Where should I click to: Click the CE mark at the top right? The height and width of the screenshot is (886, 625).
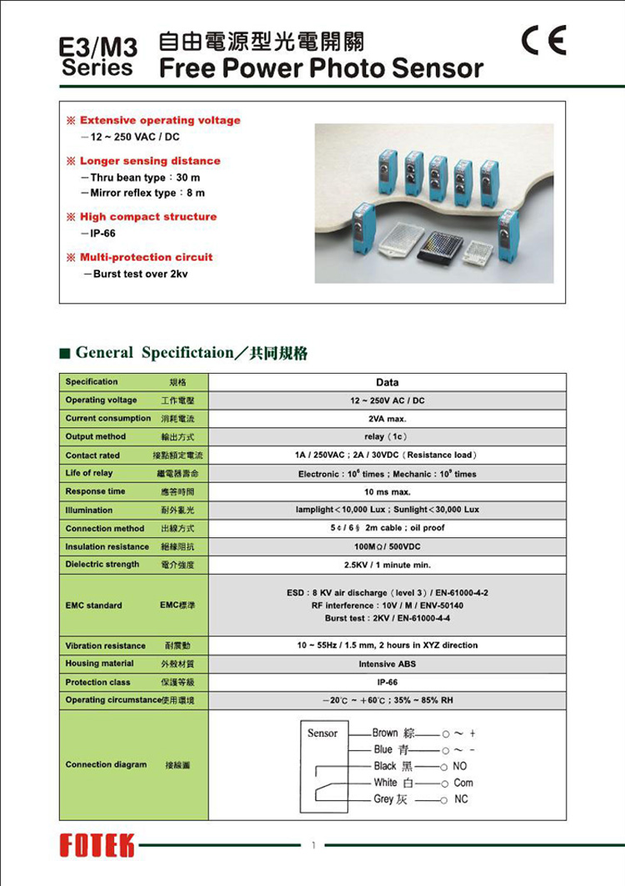point(542,40)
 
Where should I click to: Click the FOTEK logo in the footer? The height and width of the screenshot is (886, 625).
point(97,845)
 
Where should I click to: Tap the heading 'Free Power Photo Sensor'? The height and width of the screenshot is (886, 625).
point(321,68)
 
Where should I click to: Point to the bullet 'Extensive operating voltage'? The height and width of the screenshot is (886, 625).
point(159,120)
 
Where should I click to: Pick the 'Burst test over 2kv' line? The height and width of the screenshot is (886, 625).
point(129,274)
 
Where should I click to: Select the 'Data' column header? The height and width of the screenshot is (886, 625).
point(387,382)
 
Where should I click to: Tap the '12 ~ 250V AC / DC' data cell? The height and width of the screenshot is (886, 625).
point(387,400)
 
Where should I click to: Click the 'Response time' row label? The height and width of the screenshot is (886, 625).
point(95,491)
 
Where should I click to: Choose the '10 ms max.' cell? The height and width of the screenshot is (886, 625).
point(387,491)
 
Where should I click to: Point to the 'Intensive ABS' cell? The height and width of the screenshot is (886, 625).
point(387,664)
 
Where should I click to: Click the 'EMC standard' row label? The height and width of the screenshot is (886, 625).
point(93,605)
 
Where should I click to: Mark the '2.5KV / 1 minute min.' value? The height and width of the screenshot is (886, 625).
point(387,565)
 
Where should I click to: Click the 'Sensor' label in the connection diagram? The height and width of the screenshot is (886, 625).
point(322,733)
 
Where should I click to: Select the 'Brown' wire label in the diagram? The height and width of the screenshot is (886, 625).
point(385,732)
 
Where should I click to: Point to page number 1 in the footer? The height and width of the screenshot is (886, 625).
point(313,845)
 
